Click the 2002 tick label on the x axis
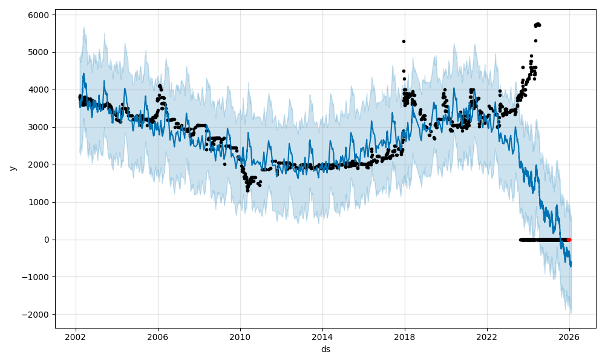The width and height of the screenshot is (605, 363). tap(76, 337)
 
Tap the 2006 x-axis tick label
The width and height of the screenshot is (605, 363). tap(158, 337)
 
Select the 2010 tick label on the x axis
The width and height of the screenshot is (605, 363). tap(240, 337)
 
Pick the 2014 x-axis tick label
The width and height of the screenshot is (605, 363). tap(322, 337)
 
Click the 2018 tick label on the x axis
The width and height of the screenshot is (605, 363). tap(405, 337)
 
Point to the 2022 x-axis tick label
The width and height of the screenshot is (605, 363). tap(487, 337)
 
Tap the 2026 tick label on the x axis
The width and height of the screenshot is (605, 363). tap(569, 337)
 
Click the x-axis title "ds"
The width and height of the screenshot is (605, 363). tap(325, 349)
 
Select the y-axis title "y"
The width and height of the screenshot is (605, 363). tap(12, 169)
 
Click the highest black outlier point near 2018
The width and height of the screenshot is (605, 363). tap(404, 41)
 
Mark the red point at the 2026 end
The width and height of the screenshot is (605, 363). tap(569, 240)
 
